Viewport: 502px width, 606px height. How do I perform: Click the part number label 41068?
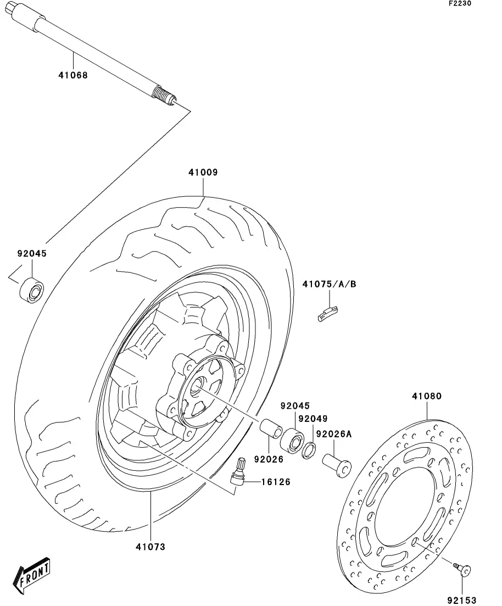tap(73, 75)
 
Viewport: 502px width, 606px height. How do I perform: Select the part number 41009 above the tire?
tap(203, 173)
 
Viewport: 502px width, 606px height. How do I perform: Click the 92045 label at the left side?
tap(32, 254)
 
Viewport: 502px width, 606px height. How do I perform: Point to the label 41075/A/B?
tap(329, 284)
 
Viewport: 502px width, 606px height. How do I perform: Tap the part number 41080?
tap(427, 396)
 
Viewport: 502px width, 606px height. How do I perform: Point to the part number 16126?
tap(276, 482)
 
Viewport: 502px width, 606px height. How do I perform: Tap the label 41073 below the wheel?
tap(150, 547)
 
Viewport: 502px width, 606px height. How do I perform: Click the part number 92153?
tap(461, 600)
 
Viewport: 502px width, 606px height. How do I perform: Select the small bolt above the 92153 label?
tap(463, 570)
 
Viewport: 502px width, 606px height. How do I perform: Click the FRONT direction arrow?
tap(34, 576)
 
